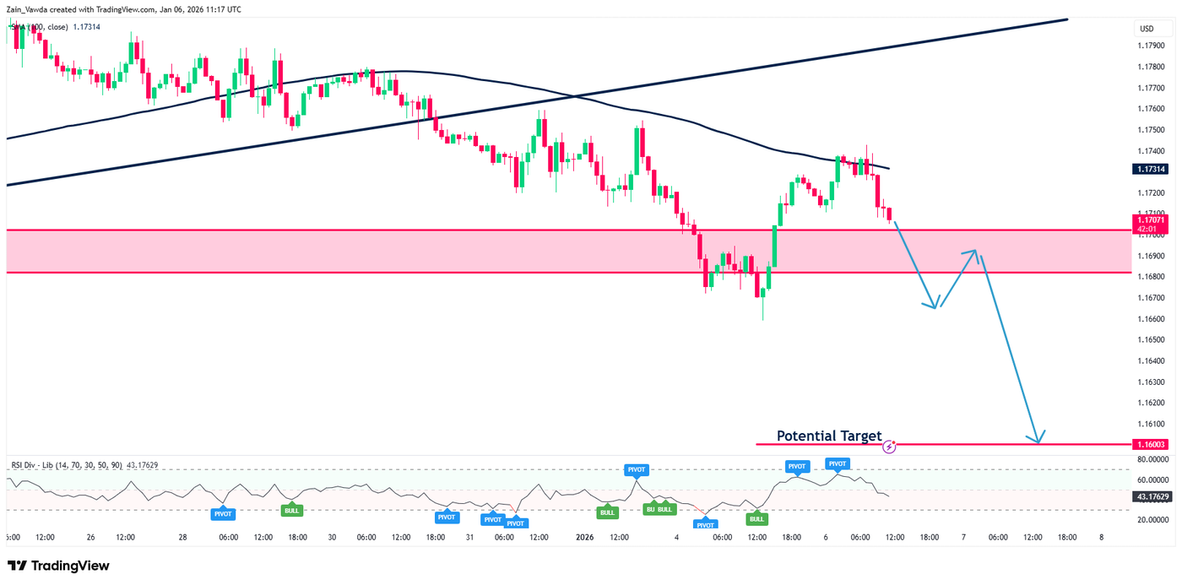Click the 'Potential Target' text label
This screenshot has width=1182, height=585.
(x=828, y=436)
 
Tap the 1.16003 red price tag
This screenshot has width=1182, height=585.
(x=1149, y=444)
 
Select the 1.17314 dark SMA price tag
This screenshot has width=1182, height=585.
(x=1149, y=169)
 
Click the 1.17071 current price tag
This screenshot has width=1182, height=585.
(x=1149, y=224)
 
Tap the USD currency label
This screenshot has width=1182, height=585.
(x=1147, y=29)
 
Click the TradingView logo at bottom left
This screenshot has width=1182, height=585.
(x=58, y=566)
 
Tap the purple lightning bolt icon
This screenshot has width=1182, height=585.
(x=888, y=447)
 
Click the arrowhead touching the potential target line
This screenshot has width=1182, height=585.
(x=1038, y=437)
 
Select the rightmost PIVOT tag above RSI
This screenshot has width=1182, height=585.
(x=838, y=463)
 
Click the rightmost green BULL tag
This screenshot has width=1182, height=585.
(x=756, y=518)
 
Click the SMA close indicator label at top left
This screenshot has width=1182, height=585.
(x=51, y=27)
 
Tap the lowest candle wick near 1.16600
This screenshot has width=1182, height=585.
(x=762, y=314)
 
